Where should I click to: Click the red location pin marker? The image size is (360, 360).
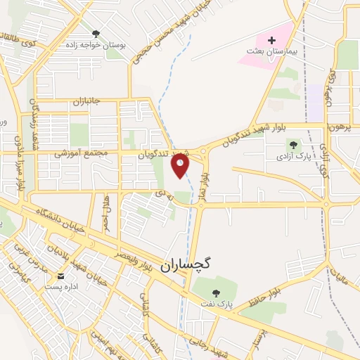click(181, 165)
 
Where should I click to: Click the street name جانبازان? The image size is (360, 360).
click(87, 101)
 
